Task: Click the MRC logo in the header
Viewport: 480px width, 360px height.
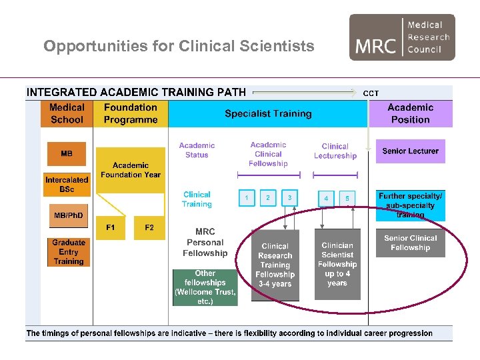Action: (402, 37)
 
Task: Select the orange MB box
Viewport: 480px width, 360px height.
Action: (67, 154)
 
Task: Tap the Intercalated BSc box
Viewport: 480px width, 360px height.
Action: (67, 185)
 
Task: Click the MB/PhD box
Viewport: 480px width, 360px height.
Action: (69, 216)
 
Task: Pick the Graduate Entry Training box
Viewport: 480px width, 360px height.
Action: (69, 252)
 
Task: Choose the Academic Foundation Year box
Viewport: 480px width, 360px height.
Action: (131, 170)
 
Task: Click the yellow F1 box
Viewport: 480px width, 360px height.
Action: (111, 227)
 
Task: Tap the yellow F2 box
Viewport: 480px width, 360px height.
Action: (149, 227)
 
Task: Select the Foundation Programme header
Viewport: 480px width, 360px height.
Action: (131, 113)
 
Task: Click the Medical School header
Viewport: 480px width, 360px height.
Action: (67, 113)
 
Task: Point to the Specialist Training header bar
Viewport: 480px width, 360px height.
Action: (268, 113)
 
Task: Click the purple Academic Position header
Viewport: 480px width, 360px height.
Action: (410, 113)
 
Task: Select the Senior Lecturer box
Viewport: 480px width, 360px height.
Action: (410, 151)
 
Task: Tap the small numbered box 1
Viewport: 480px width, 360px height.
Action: (247, 198)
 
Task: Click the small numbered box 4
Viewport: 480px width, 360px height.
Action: (326, 198)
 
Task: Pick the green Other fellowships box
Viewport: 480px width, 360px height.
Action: (205, 287)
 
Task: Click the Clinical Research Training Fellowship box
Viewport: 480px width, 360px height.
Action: (275, 265)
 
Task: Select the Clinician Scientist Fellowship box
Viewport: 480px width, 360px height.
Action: (337, 264)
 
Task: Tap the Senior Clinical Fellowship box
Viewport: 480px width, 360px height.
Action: (410, 243)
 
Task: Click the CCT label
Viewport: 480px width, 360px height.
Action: (371, 93)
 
